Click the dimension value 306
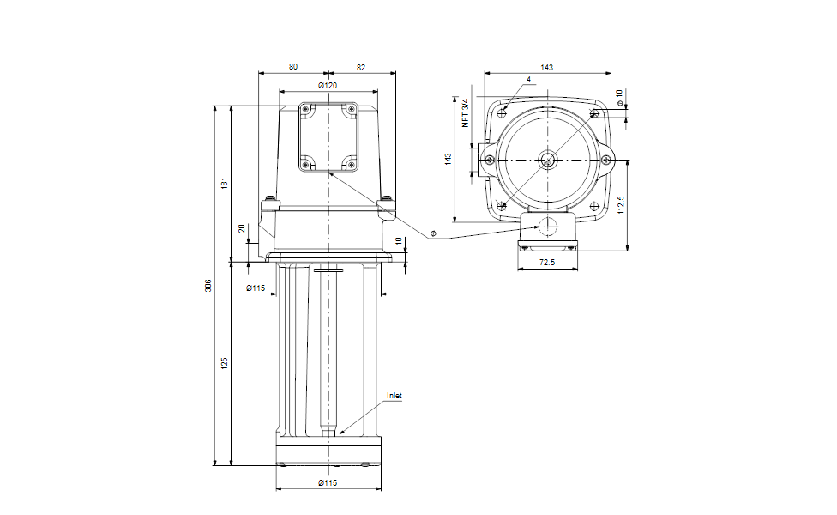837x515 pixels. [208, 285]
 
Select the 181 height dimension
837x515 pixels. [225, 182]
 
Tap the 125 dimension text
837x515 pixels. [225, 363]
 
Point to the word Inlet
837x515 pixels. [394, 396]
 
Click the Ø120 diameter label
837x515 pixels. [328, 86]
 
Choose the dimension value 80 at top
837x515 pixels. [293, 67]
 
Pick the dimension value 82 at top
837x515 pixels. [361, 67]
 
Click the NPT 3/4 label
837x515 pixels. [466, 112]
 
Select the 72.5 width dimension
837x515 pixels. [547, 263]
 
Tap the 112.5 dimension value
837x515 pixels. [620, 204]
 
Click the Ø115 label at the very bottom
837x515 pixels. [328, 483]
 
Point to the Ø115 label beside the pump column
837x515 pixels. [256, 288]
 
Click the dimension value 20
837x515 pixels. [242, 228]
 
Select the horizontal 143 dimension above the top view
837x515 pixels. [546, 67]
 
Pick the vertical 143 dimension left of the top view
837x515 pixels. [449, 159]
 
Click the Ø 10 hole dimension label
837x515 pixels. [620, 97]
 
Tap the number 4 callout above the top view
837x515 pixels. [529, 80]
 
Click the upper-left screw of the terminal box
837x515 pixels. [305, 109]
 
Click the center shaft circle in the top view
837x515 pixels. [547, 159]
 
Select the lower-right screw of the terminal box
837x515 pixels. [351, 165]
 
